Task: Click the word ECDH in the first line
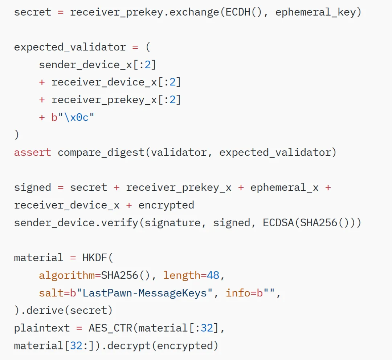click(x=238, y=12)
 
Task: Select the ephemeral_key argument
click(x=315, y=12)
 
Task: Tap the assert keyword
click(x=33, y=152)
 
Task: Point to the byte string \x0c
click(x=73, y=117)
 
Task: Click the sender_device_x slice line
click(x=98, y=65)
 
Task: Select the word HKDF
click(x=95, y=258)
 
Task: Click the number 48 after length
click(x=213, y=275)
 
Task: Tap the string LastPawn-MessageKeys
click(x=144, y=293)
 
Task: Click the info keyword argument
click(x=238, y=293)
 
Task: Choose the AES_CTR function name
click(x=110, y=328)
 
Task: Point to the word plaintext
click(x=42, y=328)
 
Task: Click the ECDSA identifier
click(x=278, y=223)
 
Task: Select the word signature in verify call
click(x=172, y=223)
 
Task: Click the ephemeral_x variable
click(x=285, y=188)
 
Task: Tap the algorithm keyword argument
click(x=67, y=276)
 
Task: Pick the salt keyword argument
click(x=51, y=293)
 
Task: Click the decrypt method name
click(x=129, y=346)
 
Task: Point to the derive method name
click(x=45, y=311)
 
